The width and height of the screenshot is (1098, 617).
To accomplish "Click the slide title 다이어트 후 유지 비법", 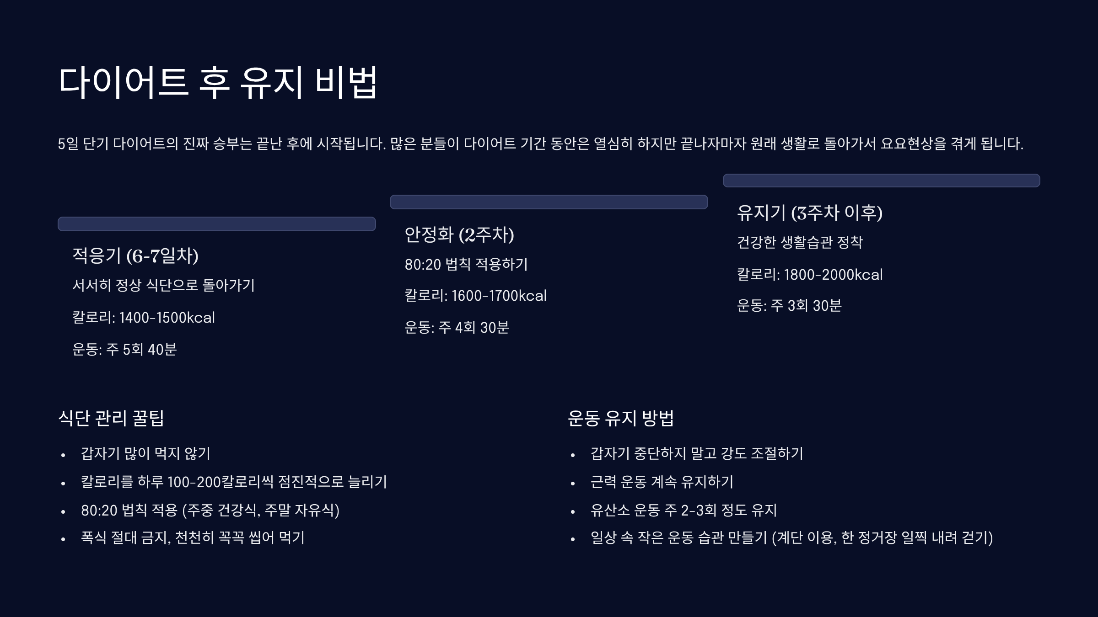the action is tap(218, 82).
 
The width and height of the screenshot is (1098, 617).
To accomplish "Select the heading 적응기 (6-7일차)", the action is tap(135, 255).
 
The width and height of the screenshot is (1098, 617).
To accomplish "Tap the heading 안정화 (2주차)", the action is tap(459, 234).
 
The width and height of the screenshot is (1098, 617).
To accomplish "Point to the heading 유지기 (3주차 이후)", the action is tap(809, 213).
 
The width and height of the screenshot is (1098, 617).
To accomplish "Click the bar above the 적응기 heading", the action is tap(216, 224).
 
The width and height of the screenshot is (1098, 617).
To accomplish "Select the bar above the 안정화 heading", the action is tap(549, 202).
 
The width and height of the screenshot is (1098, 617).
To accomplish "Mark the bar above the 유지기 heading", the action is tap(881, 181).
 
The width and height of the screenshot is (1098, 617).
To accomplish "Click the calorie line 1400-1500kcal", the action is tap(144, 318).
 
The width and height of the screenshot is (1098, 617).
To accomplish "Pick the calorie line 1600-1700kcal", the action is tap(475, 296).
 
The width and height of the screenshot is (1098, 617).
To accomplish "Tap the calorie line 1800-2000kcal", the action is tap(809, 275).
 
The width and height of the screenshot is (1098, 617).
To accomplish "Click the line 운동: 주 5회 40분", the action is tap(124, 350).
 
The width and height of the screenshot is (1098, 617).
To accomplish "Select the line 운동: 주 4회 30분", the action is tap(457, 328).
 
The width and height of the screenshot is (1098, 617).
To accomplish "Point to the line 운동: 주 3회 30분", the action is tap(789, 306).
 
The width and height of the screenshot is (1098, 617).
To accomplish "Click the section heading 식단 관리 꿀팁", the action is tap(111, 418).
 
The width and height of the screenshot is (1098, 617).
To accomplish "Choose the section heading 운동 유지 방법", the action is tap(620, 418).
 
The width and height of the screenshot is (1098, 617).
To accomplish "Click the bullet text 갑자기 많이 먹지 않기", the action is tap(145, 453).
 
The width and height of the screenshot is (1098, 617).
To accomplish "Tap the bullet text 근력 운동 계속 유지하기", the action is tap(662, 482).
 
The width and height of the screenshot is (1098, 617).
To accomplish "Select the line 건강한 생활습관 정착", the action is tap(799, 242).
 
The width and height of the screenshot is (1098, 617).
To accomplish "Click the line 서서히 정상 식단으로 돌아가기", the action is tap(163, 286).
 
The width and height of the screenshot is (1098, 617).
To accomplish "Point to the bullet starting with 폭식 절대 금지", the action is tap(193, 537).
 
